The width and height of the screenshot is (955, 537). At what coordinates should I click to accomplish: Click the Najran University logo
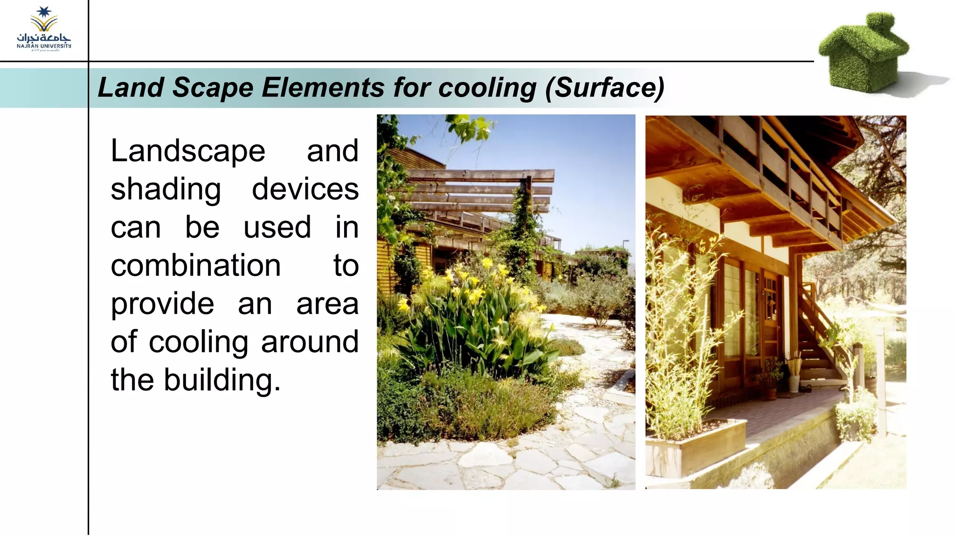pyautogui.click(x=44, y=29)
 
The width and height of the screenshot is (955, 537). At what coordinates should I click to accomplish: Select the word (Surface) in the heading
pyautogui.click(x=604, y=87)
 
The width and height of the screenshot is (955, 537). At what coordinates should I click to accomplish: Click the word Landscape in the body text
pyautogui.click(x=188, y=151)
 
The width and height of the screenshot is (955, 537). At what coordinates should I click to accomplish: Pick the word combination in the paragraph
pyautogui.click(x=196, y=265)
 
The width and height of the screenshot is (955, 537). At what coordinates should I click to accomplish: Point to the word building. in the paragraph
pyautogui.click(x=222, y=380)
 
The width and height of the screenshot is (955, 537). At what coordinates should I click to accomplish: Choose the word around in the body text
pyautogui.click(x=310, y=342)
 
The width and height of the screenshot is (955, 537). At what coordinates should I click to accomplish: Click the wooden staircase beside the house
pyautogui.click(x=821, y=336)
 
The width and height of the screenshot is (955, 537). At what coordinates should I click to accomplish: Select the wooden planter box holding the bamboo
pyautogui.click(x=695, y=447)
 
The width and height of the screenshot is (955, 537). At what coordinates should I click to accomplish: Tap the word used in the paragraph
pyautogui.click(x=277, y=228)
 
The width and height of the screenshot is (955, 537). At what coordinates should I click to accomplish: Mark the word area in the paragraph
pyautogui.click(x=327, y=304)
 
